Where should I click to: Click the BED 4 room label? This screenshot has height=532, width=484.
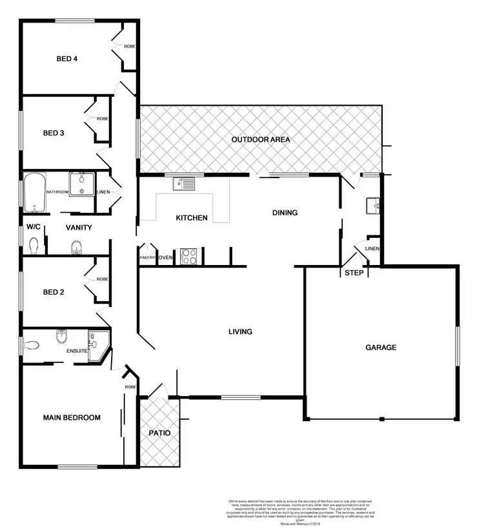[67, 59]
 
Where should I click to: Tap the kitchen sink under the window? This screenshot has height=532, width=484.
[183, 184]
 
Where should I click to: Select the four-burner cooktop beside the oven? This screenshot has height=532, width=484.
[188, 257]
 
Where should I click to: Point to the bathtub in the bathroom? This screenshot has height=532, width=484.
[35, 193]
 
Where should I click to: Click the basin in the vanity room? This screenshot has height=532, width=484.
[76, 246]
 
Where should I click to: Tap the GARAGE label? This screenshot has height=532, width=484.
[381, 348]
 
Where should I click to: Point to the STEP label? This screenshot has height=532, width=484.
[354, 273]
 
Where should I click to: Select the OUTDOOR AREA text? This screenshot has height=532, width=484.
[261, 139]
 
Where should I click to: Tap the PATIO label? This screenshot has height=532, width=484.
[159, 433]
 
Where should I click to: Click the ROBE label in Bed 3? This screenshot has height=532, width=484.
[102, 119]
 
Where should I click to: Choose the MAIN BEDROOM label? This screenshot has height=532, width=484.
[72, 418]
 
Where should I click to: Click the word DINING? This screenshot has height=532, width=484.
[285, 212]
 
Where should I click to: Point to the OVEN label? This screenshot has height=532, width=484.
[165, 258]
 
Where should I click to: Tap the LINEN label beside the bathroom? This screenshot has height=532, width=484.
[103, 192]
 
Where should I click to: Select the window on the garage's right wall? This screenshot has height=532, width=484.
[457, 347]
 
